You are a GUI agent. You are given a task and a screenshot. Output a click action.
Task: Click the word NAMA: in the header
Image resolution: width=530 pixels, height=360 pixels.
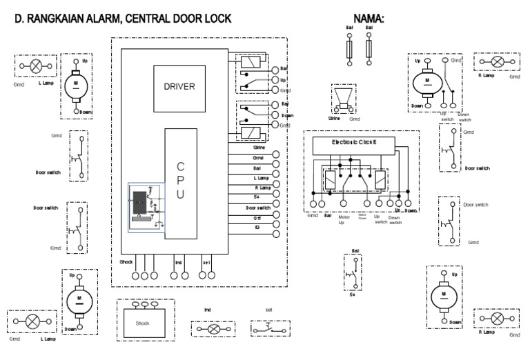tap(369, 19)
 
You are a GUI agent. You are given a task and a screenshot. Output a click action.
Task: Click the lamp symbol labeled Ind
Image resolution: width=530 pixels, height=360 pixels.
tap(214, 330)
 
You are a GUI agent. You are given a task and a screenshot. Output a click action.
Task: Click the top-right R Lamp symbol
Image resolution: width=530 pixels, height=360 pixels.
tap(497, 61)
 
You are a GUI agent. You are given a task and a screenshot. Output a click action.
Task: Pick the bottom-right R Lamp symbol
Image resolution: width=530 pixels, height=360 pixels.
tap(497, 319)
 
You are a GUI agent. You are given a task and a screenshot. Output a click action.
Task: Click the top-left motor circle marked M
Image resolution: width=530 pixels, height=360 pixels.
tap(78, 86)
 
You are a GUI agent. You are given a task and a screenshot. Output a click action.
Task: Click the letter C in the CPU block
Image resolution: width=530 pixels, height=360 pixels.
tap(180, 167)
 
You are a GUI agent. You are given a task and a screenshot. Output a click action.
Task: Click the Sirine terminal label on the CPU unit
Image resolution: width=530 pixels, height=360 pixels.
tap(259, 148)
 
